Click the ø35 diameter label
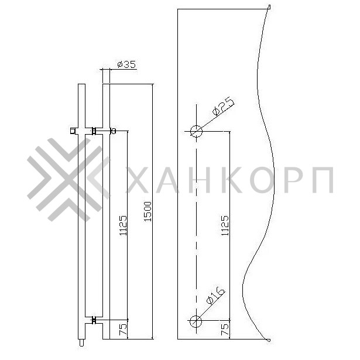pyautogui.click(x=127, y=64)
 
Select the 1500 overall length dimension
pyautogui.click(x=148, y=212)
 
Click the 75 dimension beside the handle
pyautogui.click(x=123, y=330)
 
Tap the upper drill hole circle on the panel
pyautogui.click(x=196, y=131)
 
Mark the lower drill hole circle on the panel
pyautogui.click(x=196, y=320)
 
